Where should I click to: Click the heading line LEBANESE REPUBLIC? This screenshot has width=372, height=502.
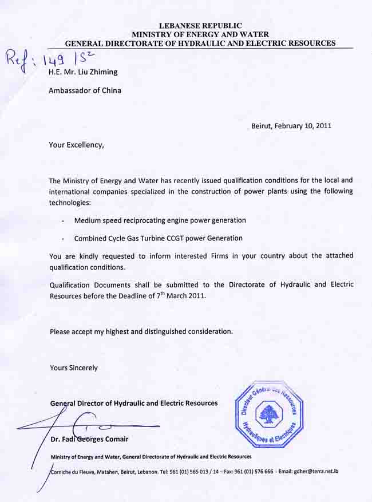click(x=200, y=25)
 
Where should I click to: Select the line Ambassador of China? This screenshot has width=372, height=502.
click(x=85, y=90)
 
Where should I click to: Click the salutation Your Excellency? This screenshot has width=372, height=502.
click(x=77, y=145)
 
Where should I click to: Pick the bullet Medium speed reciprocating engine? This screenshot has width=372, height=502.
click(x=160, y=220)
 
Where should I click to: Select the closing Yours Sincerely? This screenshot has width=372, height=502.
click(x=73, y=368)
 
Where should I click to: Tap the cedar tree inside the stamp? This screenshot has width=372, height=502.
click(x=268, y=413)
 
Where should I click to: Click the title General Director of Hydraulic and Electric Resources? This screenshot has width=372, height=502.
click(x=133, y=403)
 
